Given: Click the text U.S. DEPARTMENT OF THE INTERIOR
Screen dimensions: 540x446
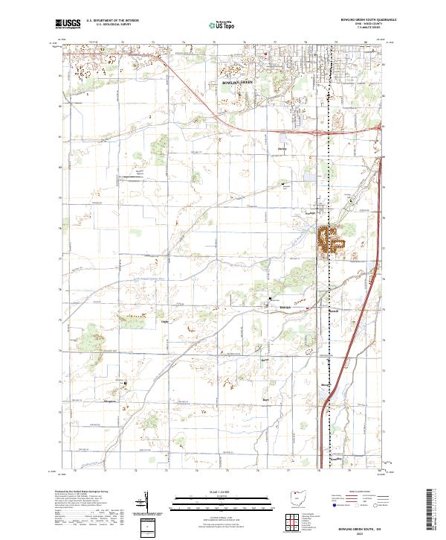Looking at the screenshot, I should [112, 21].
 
